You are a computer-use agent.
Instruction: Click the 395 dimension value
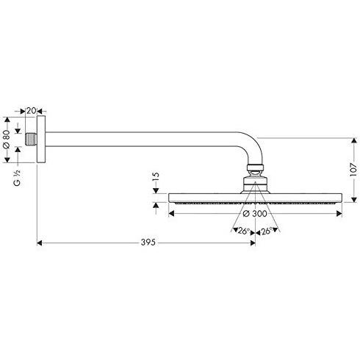[x=148, y=242]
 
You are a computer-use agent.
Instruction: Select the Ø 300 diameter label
[x=255, y=214]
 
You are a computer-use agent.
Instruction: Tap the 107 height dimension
[x=353, y=170]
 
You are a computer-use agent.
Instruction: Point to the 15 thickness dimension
[x=156, y=176]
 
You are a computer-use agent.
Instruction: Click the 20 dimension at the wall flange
[x=31, y=111]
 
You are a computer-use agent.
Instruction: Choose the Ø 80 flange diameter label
[x=7, y=139]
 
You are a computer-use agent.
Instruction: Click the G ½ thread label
[x=17, y=178]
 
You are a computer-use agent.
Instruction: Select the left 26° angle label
[x=244, y=231]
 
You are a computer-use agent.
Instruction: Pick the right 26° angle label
[x=267, y=231]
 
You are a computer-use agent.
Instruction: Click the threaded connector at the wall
[x=32, y=140]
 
